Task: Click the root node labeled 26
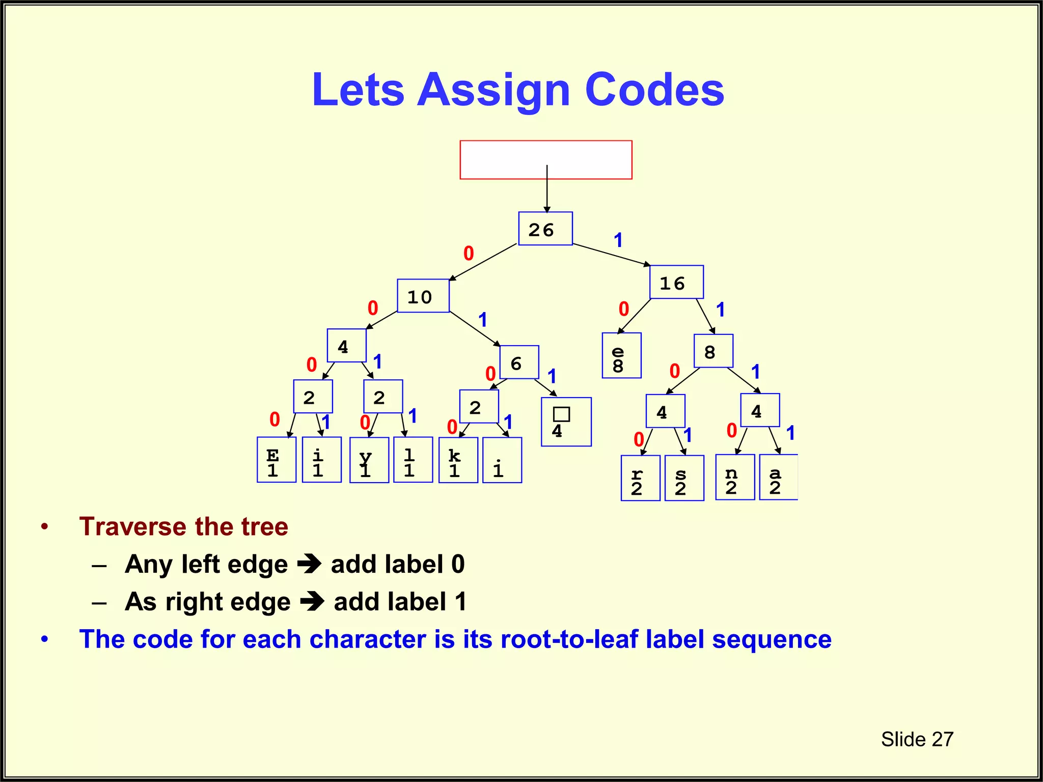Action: point(545,229)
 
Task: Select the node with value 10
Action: point(423,296)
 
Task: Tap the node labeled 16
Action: point(676,282)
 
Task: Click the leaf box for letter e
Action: point(621,356)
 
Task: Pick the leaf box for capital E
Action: point(276,460)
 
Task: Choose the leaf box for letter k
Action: point(458,460)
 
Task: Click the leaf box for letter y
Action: point(369,460)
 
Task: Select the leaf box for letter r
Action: point(640,479)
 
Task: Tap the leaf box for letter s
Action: point(684,479)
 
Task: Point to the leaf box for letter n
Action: point(735,478)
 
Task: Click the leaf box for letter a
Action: point(778,478)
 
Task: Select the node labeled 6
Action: point(519,362)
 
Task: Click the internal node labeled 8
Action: point(713,351)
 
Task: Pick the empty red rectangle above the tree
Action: point(545,160)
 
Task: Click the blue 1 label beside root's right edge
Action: point(618,240)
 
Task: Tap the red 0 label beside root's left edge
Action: point(469,254)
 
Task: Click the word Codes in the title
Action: point(654,90)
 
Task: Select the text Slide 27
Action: point(917,739)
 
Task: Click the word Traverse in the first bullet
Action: point(133,526)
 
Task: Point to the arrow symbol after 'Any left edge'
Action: point(310,564)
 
